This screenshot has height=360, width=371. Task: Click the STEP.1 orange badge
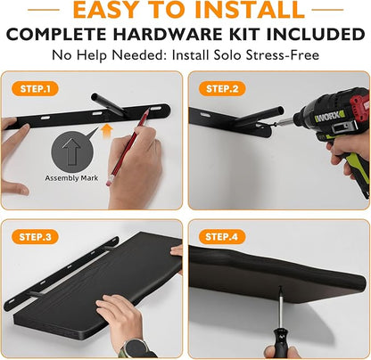[x=35, y=89]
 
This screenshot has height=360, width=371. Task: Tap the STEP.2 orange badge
[x=222, y=89]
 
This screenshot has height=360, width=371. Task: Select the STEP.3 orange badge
[x=35, y=237]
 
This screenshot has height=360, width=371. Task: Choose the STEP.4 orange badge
[x=222, y=237]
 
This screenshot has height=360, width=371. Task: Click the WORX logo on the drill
[x=329, y=117]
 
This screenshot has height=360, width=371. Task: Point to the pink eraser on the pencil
[x=109, y=181]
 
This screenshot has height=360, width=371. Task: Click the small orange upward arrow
[x=107, y=131]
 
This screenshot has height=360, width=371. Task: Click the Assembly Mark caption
[x=71, y=178]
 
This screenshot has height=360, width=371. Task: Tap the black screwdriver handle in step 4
[x=279, y=340]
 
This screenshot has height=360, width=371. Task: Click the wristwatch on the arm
[x=136, y=348]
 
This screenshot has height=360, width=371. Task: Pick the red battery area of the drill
[x=359, y=109]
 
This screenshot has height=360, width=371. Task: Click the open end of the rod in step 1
[x=95, y=97]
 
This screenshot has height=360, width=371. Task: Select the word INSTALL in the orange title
[x=250, y=10]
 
